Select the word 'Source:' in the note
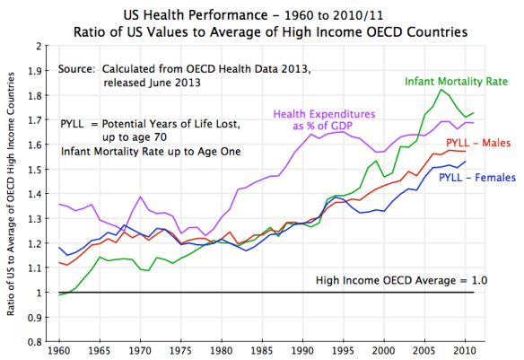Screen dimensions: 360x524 pyautogui.click(x=75, y=68)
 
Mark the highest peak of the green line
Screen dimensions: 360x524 pyautogui.click(x=441, y=89)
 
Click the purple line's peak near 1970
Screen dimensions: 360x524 pyautogui.click(x=141, y=196)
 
